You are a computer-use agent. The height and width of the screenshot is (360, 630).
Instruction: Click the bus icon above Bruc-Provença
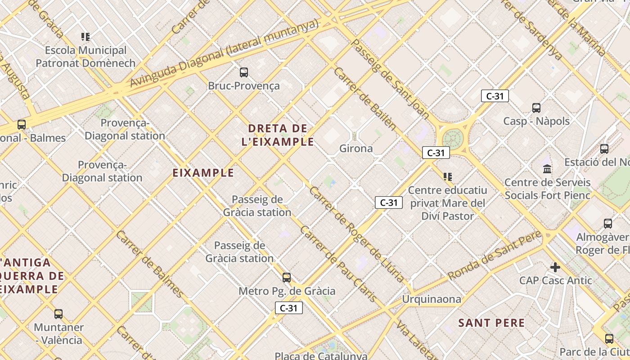(x=244, y=72)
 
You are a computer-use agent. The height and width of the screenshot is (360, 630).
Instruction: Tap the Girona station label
(x=355, y=148)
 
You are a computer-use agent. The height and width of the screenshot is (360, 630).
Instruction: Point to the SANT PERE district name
(x=491, y=323)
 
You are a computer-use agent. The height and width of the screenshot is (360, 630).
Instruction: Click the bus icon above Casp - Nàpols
(x=536, y=108)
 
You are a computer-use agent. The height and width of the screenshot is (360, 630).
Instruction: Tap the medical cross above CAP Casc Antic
(x=555, y=267)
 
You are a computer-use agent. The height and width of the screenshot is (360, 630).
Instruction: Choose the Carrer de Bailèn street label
(x=365, y=99)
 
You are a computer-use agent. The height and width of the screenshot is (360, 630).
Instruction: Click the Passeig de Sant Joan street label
(x=390, y=79)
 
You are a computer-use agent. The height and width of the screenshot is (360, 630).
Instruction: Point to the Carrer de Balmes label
(x=150, y=264)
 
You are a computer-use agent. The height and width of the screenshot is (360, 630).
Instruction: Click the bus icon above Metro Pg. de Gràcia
(x=287, y=277)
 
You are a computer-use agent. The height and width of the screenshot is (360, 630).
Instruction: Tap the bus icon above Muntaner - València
(x=58, y=314)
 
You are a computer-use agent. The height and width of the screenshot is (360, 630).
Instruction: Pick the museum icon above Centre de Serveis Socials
(x=547, y=169)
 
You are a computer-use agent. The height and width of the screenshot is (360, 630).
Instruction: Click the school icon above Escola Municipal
(x=85, y=37)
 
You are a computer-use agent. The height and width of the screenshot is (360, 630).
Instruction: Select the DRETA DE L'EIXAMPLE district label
(x=278, y=135)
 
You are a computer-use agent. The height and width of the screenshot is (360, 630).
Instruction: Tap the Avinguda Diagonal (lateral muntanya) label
(x=224, y=53)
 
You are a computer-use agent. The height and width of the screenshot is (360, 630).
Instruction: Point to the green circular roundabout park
(x=453, y=137)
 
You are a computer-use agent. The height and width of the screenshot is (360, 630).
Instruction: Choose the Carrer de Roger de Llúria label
(x=356, y=234)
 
